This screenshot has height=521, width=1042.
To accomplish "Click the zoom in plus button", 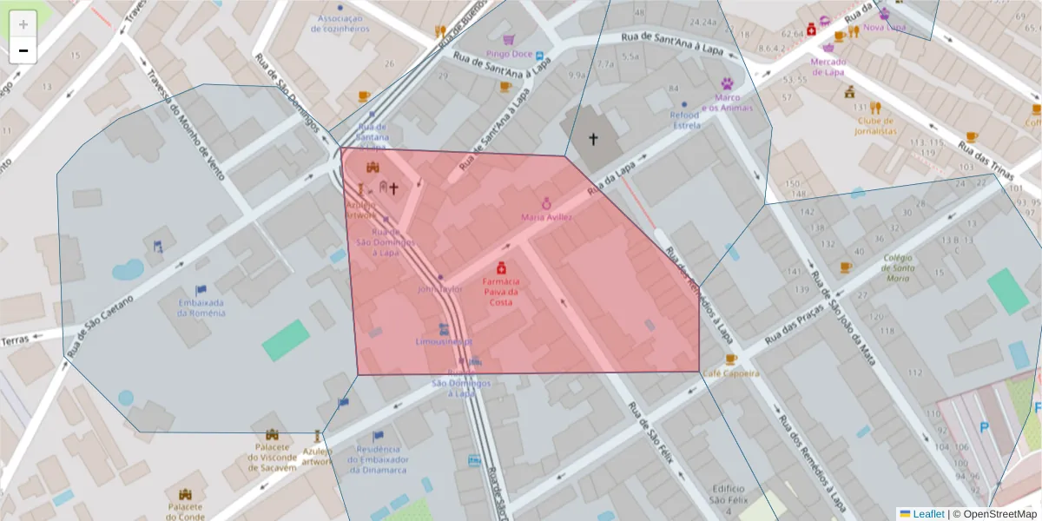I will pyautogui.click(x=23, y=24).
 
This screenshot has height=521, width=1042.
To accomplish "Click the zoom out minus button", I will pyautogui.click(x=23, y=50).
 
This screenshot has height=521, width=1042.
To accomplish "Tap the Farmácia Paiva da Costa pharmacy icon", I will pyautogui.click(x=501, y=268).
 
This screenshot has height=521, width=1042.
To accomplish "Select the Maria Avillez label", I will pyautogui.click(x=546, y=216).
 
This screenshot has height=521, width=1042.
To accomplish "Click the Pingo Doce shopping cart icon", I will pyautogui.click(x=508, y=40).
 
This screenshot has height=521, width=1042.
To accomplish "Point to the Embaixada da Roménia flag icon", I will pyautogui.click(x=201, y=290).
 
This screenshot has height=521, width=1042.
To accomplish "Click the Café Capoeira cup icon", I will pyautogui.click(x=731, y=359).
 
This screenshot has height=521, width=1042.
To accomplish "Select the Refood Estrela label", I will pyautogui.click(x=684, y=120).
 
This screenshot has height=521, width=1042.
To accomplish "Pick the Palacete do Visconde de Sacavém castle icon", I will pyautogui.click(x=272, y=434).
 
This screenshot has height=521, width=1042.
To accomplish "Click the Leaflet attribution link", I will pyautogui.click(x=927, y=514).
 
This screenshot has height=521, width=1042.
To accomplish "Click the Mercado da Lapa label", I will pyautogui.click(x=827, y=67).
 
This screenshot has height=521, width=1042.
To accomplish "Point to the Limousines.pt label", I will pyautogui.click(x=444, y=341).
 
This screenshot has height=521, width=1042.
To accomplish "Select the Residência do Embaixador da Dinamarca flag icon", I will pyautogui.click(x=378, y=436).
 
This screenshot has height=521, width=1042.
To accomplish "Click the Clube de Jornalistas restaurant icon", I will pyautogui.click(x=875, y=109).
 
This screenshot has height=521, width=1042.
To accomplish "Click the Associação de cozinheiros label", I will pyautogui.click(x=343, y=23).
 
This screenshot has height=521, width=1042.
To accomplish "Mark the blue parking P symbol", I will pyautogui.click(x=984, y=427).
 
